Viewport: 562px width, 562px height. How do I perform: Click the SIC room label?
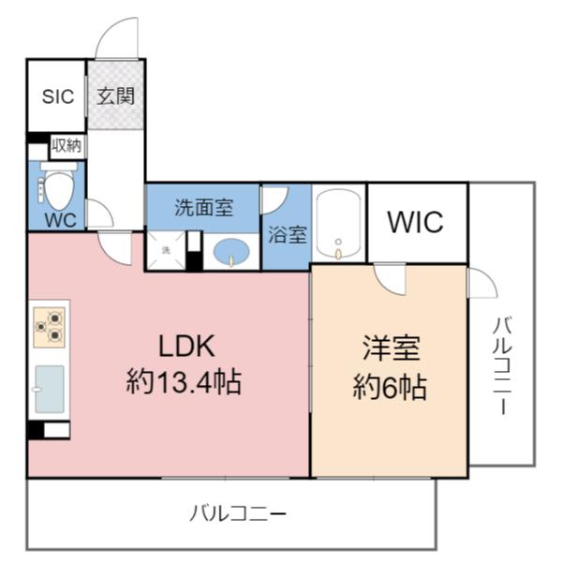(x=58, y=96)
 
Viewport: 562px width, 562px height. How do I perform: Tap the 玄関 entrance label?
(x=116, y=96)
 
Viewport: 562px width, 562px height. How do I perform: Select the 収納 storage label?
(x=67, y=145)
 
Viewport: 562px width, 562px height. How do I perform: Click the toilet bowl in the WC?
(x=58, y=189)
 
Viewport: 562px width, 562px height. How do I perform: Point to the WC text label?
(x=61, y=220)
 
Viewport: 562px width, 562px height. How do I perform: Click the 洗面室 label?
(x=203, y=208)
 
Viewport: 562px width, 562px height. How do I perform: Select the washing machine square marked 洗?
(x=166, y=250)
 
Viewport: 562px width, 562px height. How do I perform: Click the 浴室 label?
(x=288, y=235)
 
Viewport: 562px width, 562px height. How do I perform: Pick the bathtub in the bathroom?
(x=338, y=224)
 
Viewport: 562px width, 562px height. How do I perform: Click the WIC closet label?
(x=415, y=222)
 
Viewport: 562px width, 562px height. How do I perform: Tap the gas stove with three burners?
(x=49, y=328)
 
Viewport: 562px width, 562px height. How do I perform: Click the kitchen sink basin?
(x=50, y=389)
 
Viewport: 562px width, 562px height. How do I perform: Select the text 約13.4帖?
(x=184, y=382)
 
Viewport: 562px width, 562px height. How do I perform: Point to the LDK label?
(x=186, y=346)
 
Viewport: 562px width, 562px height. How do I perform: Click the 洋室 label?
(x=391, y=348)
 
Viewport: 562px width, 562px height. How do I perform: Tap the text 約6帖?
(x=390, y=387)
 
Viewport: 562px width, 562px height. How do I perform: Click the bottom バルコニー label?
(x=238, y=513)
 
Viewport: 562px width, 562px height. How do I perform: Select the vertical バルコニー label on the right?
(x=502, y=365)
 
